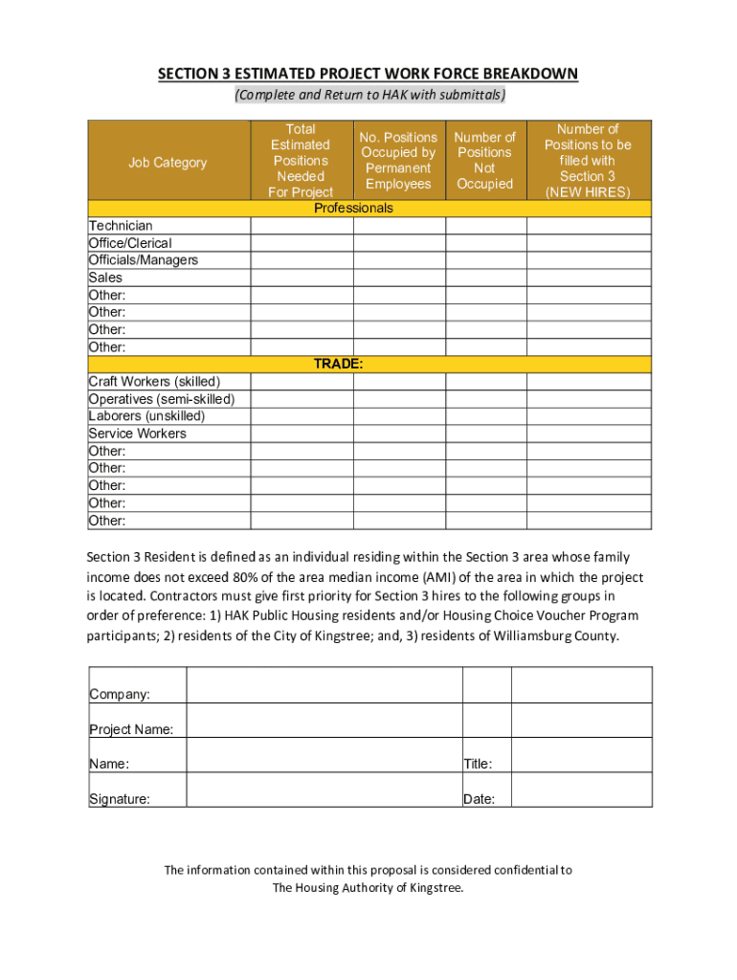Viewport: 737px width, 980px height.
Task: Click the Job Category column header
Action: [x=167, y=163]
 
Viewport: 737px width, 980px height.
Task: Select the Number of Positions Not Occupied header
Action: [x=484, y=161]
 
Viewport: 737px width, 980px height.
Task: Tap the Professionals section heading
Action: [x=353, y=208]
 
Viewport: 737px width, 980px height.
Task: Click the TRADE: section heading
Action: [x=339, y=365]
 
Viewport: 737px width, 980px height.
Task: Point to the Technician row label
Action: [x=121, y=226]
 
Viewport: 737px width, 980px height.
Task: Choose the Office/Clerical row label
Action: [x=130, y=243]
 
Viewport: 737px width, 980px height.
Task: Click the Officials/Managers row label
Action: [x=144, y=260]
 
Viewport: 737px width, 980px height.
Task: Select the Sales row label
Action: [x=105, y=278]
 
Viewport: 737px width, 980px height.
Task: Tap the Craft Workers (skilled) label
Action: [x=154, y=382]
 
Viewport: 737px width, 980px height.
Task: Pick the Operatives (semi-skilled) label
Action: [x=162, y=399]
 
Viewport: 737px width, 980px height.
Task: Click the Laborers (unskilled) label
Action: [x=146, y=416]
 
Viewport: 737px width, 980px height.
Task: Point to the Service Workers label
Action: [x=137, y=434]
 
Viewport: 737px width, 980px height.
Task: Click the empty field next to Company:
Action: [x=324, y=685]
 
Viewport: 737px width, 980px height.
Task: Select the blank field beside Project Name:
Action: [x=324, y=721]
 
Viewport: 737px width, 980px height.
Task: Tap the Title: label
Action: [x=478, y=765]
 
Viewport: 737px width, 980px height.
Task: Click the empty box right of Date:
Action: [x=582, y=791]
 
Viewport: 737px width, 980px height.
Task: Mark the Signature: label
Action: [x=120, y=799]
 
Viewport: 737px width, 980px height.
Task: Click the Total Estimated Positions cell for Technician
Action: [x=301, y=226]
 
